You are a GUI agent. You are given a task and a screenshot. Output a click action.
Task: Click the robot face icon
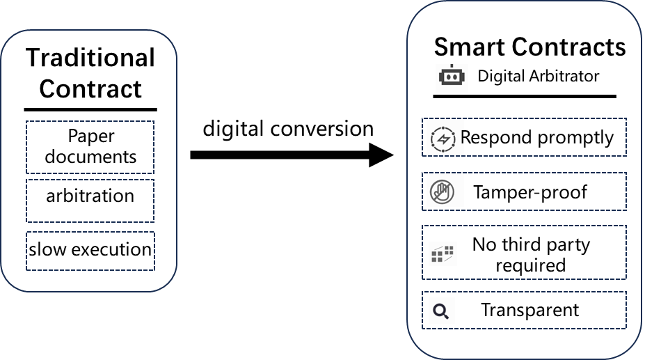tap(452, 78)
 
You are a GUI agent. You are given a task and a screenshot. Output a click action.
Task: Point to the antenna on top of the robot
tap(452, 66)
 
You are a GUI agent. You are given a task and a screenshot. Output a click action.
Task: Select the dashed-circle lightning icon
tap(443, 139)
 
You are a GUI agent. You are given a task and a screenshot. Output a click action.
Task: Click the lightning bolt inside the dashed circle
tap(443, 139)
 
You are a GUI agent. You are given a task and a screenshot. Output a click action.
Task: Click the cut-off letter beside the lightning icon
tap(463, 137)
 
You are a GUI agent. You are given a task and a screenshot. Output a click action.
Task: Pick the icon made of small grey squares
tap(442, 253)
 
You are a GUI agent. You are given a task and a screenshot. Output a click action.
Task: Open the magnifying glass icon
tap(440, 311)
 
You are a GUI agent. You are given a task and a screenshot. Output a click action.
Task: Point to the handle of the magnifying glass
tap(445, 316)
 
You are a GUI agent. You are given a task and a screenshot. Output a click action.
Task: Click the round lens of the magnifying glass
tap(438, 309)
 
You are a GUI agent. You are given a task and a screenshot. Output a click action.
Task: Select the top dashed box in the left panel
tap(90, 147)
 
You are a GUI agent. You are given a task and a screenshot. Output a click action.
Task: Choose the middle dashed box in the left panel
tap(90, 201)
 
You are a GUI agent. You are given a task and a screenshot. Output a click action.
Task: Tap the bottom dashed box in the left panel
tap(90, 251)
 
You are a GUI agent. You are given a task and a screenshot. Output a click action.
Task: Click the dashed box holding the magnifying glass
tap(543, 310)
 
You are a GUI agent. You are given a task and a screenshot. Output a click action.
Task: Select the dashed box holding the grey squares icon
tap(543, 252)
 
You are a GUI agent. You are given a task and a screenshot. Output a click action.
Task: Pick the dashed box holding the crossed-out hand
tap(543, 191)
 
